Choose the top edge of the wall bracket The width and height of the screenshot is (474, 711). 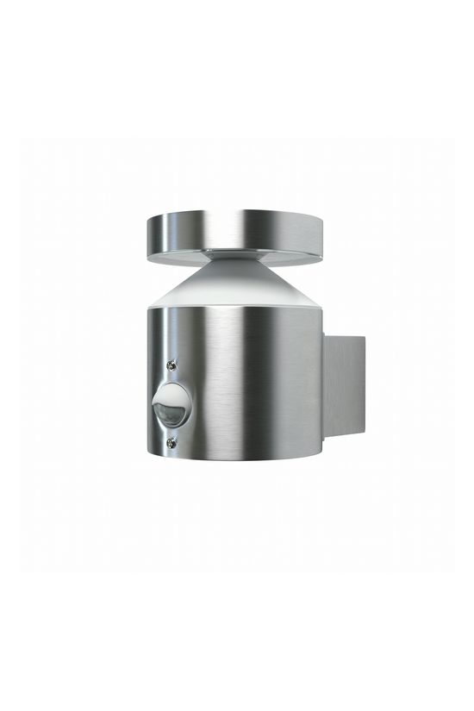[x=345, y=337]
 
